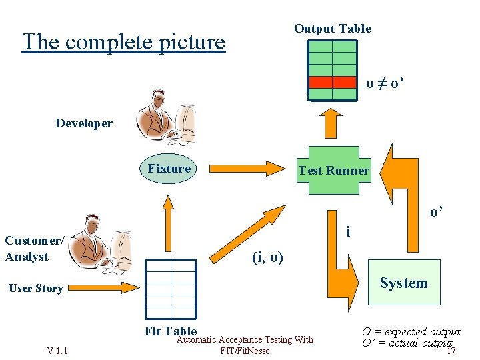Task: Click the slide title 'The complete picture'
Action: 123,42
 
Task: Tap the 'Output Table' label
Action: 333,29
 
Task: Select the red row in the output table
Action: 332,82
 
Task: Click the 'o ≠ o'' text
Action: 385,84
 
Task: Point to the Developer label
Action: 84,123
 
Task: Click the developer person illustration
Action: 164,118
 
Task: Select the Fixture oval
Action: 169,169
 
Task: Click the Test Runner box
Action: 333,170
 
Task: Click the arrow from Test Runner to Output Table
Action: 331,125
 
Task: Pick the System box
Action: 403,283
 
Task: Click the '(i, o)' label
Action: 267,257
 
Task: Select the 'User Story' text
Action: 36,289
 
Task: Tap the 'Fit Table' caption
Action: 171,331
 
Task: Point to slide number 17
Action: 451,351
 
